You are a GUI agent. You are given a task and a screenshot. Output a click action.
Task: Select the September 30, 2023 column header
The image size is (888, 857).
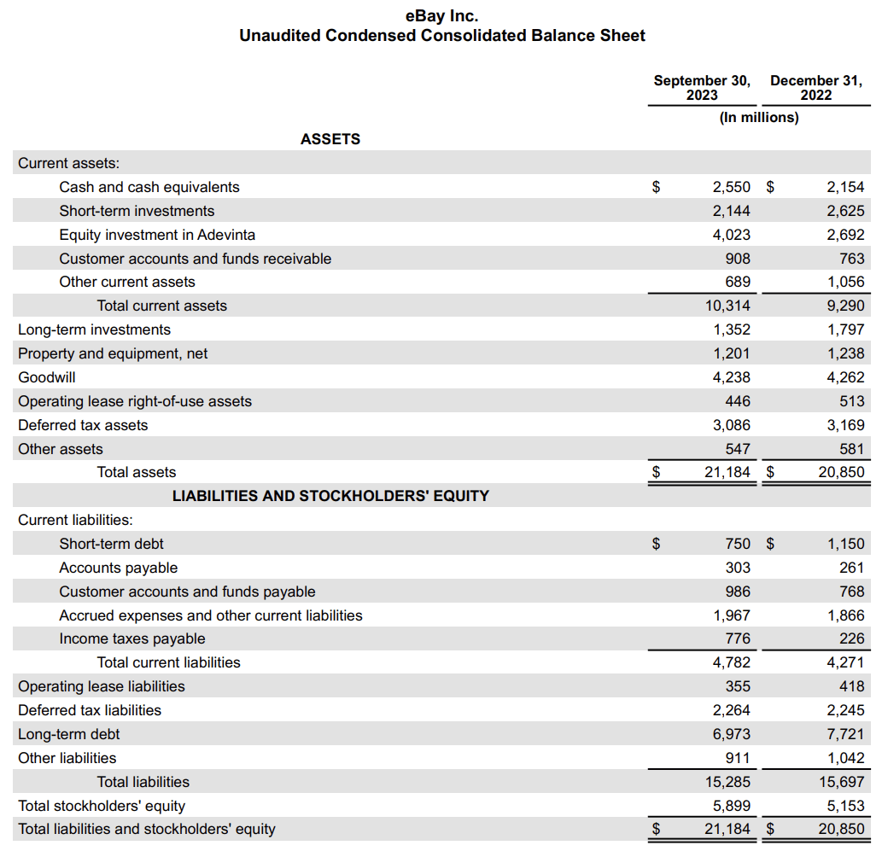[x=702, y=88]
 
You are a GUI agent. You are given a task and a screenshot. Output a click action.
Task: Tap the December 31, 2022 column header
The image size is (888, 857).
[x=816, y=88]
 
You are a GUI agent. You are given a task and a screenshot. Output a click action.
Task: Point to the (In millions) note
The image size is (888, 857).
[x=759, y=118]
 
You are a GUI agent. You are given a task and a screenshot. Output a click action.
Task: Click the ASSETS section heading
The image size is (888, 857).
[x=330, y=139]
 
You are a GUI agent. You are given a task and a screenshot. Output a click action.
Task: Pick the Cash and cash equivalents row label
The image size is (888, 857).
[x=149, y=187]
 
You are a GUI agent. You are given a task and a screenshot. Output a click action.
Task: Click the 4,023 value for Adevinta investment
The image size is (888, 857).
[x=732, y=235]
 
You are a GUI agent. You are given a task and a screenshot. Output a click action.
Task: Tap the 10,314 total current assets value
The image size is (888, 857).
[x=727, y=306]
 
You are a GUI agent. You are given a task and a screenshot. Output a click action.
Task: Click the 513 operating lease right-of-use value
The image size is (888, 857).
[x=851, y=401]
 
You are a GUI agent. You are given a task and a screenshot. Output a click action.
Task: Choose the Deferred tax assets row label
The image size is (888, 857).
[x=83, y=425]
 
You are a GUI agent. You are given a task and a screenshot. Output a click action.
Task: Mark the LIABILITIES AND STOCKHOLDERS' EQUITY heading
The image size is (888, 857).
[x=330, y=496]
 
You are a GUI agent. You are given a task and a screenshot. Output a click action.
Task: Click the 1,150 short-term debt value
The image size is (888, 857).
[x=845, y=544]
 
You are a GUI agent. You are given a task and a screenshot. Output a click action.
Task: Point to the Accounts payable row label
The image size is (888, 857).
[x=119, y=568]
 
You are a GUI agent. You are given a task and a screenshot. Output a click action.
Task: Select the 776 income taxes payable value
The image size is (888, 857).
[x=737, y=638]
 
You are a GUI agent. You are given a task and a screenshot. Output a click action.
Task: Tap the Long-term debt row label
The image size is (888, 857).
[x=69, y=734]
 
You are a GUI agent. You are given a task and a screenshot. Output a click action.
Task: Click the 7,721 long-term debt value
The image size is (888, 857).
[x=845, y=734]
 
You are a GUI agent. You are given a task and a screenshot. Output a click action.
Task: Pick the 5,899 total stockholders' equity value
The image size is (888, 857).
[x=732, y=806]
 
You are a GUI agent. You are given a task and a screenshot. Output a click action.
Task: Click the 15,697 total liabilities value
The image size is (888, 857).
[x=841, y=782]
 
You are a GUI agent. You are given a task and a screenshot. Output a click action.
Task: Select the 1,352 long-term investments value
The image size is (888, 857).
[x=732, y=329]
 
